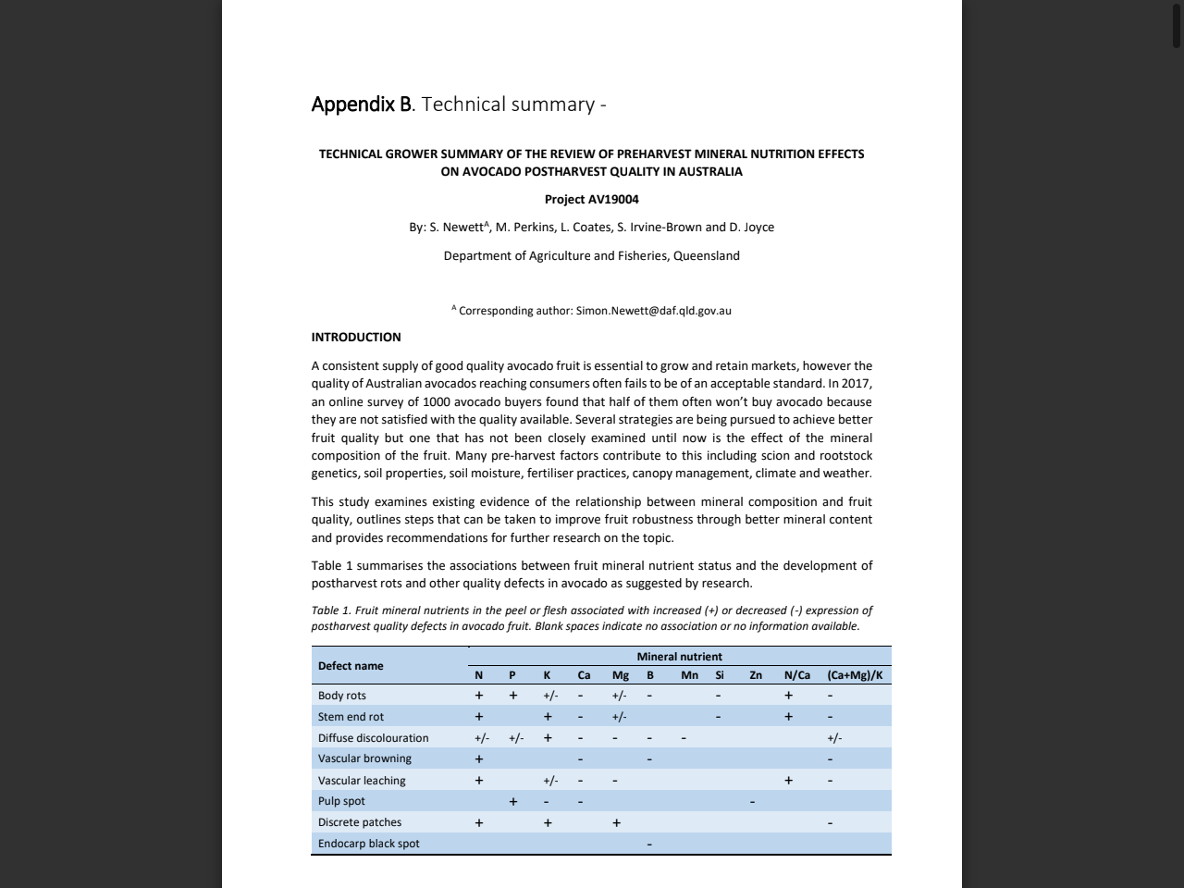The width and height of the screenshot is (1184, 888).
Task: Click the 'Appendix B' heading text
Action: pyautogui.click(x=361, y=105)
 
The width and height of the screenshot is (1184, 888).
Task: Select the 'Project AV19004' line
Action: pyautogui.click(x=591, y=199)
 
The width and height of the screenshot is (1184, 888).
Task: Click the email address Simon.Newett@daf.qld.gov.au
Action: pyautogui.click(x=653, y=311)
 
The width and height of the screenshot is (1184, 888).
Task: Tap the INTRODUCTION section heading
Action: pyautogui.click(x=356, y=337)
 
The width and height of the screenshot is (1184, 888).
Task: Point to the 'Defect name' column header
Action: pyautogui.click(x=351, y=666)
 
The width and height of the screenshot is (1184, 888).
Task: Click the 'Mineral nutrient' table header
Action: pyautogui.click(x=679, y=657)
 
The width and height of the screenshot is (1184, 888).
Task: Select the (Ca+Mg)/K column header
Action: pyautogui.click(x=855, y=675)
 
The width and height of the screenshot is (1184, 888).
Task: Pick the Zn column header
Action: pyautogui.click(x=756, y=675)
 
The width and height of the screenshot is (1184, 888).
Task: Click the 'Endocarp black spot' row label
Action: pyautogui.click(x=368, y=844)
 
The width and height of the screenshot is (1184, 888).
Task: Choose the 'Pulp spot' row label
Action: pyautogui.click(x=341, y=801)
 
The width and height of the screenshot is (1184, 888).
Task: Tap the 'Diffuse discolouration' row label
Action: pyautogui.click(x=373, y=738)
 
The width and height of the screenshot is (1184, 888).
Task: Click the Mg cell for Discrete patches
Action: pyautogui.click(x=616, y=822)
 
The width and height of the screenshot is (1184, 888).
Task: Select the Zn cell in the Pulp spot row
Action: pyautogui.click(x=752, y=801)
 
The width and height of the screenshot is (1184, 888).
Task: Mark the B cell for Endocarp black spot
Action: pyautogui.click(x=649, y=844)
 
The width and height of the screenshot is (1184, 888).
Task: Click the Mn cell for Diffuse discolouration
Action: pyautogui.click(x=684, y=738)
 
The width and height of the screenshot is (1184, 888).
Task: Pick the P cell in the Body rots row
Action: pyautogui.click(x=513, y=696)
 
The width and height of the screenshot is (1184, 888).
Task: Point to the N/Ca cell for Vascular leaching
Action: pyautogui.click(x=788, y=780)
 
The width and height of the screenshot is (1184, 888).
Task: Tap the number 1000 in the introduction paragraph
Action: pyautogui.click(x=438, y=401)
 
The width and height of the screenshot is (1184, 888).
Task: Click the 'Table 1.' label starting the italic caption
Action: pyautogui.click(x=331, y=610)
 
